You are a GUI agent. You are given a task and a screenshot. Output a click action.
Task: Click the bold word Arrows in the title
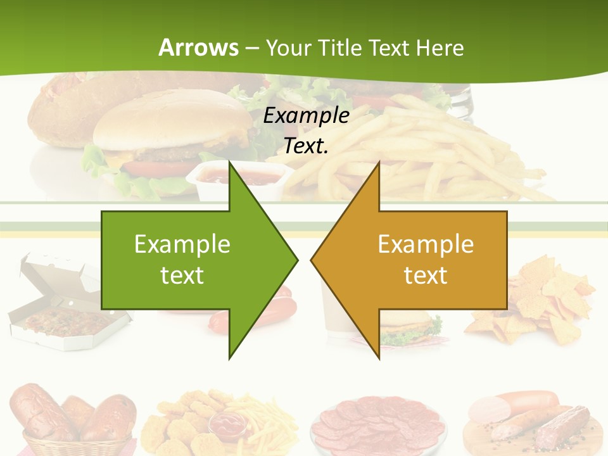click(198, 47)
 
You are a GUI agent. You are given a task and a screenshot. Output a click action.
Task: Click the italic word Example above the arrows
click(307, 116)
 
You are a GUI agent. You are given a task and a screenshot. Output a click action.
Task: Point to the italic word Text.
click(307, 146)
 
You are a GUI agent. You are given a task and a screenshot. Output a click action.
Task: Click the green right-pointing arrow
click(203, 260)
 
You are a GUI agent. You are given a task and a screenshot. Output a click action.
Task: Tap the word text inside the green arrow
click(182, 275)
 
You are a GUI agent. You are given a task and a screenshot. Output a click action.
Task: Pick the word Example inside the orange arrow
click(426, 244)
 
